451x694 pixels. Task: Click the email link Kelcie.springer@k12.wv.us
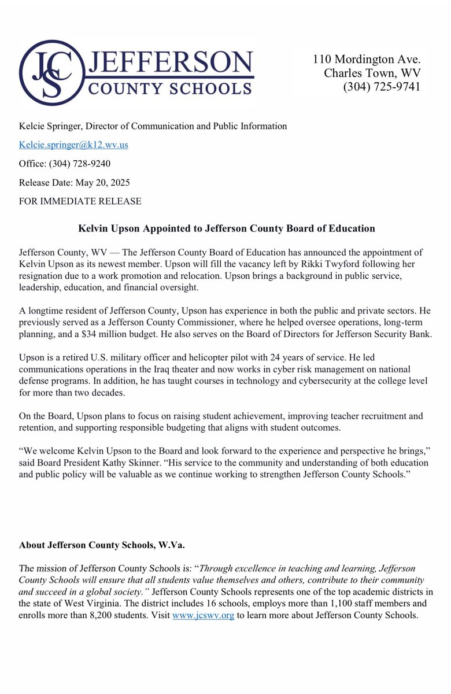73,145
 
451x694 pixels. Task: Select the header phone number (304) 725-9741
382,87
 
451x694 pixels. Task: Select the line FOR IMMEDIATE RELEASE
80,201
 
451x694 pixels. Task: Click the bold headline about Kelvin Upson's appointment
227,228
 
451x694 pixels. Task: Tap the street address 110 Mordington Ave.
367,59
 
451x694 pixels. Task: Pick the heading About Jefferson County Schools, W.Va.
102,545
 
